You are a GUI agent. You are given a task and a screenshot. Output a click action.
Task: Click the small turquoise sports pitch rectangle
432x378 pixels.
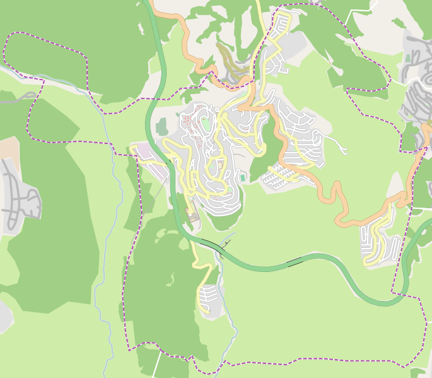coord(242,177)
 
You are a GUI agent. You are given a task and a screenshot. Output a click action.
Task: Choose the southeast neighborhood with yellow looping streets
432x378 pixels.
coord(378,240)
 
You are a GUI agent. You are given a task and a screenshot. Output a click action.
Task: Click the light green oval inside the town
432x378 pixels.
coord(206,124)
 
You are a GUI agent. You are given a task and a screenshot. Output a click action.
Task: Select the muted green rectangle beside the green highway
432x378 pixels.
coord(162,126)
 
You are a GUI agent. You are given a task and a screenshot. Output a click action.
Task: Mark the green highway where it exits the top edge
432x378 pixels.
coord(149,5)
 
